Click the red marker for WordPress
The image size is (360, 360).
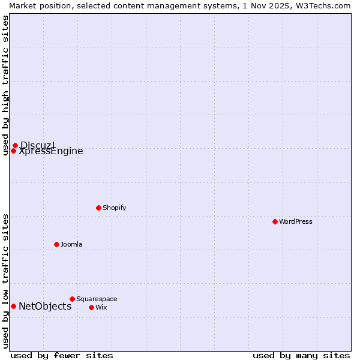(x=275, y=221)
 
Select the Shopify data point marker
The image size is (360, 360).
(x=98, y=208)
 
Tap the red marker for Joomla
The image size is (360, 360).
(x=56, y=244)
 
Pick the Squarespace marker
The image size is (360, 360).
(x=72, y=299)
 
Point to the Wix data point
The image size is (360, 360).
(x=91, y=307)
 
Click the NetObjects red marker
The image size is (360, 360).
(x=13, y=306)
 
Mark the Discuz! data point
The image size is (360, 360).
(x=15, y=145)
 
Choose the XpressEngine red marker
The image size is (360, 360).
(x=13, y=151)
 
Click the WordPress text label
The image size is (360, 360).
(x=296, y=221)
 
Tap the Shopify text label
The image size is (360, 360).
(x=114, y=208)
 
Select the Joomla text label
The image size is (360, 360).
(x=71, y=244)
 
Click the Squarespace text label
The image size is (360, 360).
(x=97, y=299)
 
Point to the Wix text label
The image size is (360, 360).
(x=101, y=307)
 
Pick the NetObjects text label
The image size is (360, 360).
(x=45, y=306)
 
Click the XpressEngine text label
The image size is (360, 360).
(x=51, y=151)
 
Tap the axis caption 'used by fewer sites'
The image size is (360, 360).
(x=62, y=355)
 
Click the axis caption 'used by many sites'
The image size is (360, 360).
(x=301, y=355)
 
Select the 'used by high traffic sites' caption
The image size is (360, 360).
(x=5, y=85)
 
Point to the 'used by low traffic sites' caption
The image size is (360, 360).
(x=5, y=281)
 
